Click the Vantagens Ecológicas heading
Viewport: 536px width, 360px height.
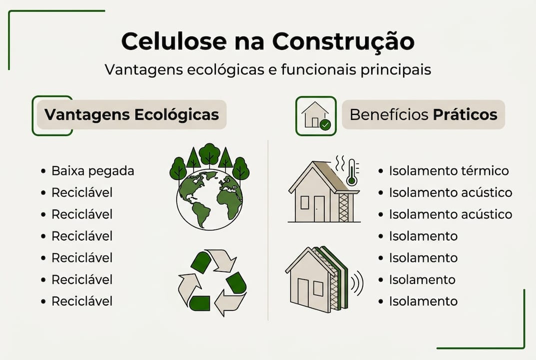pyautogui.click(x=131, y=114)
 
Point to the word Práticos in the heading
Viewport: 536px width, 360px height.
pyautogui.click(x=465, y=114)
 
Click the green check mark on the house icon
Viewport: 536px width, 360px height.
pyautogui.click(x=325, y=124)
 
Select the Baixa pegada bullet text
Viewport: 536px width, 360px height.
pyautogui.click(x=93, y=171)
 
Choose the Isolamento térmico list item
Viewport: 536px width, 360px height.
pyautogui.click(x=449, y=171)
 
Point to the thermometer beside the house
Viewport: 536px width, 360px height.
pyautogui.click(x=352, y=171)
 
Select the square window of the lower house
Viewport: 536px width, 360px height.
pyautogui.click(x=318, y=288)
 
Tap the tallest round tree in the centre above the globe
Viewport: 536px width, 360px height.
pyautogui.click(x=209, y=153)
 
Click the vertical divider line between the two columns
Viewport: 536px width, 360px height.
pyautogui.click(x=268, y=230)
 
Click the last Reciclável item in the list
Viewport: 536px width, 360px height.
pyautogui.click(x=82, y=301)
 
